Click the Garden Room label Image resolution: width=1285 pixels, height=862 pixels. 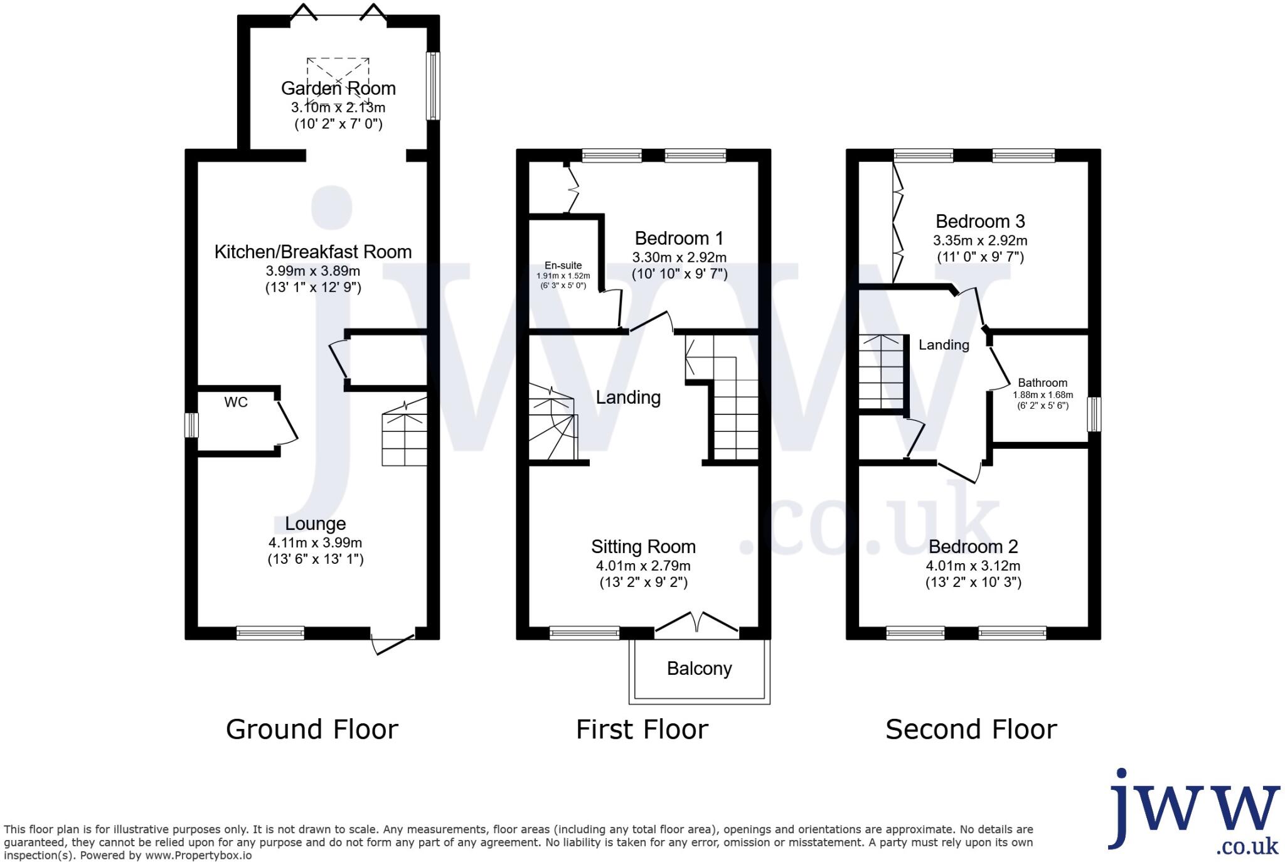(x=338, y=89)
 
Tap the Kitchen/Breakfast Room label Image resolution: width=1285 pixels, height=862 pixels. (x=313, y=252)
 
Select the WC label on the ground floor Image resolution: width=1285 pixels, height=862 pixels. (x=236, y=402)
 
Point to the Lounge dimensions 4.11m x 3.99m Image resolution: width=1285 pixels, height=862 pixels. (x=315, y=542)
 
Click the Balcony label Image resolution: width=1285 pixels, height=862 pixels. (x=699, y=669)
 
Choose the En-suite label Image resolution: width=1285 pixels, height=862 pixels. (x=563, y=266)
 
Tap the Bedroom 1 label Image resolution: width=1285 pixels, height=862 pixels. (x=679, y=239)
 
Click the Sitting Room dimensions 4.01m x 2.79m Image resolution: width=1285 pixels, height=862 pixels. (x=643, y=566)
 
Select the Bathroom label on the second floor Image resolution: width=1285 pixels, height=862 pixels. (x=1042, y=383)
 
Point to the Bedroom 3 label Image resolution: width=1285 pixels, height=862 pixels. (x=980, y=222)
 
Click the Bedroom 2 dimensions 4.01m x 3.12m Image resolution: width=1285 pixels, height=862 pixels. (x=973, y=566)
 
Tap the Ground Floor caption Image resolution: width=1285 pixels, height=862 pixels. (x=312, y=730)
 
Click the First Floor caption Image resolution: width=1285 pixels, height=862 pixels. (x=642, y=730)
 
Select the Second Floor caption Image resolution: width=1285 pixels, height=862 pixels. (x=971, y=730)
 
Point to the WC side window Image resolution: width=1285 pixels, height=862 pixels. (x=191, y=425)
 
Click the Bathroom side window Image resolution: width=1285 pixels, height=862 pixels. (x=1094, y=414)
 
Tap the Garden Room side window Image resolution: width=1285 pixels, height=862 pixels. (x=433, y=86)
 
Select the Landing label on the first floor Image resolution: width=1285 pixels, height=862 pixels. (x=628, y=397)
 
